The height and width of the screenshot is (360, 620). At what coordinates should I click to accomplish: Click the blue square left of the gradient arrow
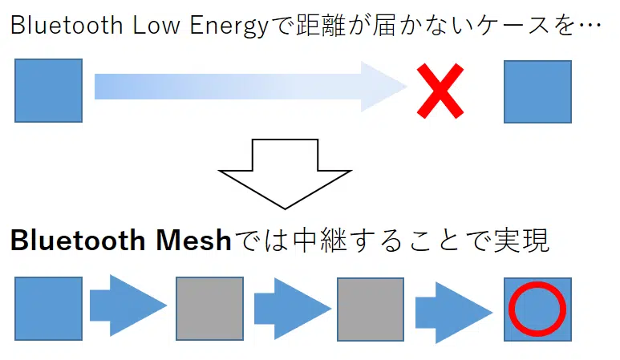pyautogui.click(x=48, y=91)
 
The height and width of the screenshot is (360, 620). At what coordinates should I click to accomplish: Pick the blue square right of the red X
pyautogui.click(x=537, y=91)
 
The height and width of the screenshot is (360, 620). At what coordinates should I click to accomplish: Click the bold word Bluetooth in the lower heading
pyautogui.click(x=80, y=241)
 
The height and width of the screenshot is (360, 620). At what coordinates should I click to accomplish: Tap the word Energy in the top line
pyautogui.click(x=224, y=26)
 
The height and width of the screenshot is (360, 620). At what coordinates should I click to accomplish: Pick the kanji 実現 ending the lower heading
pyautogui.click(x=519, y=241)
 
